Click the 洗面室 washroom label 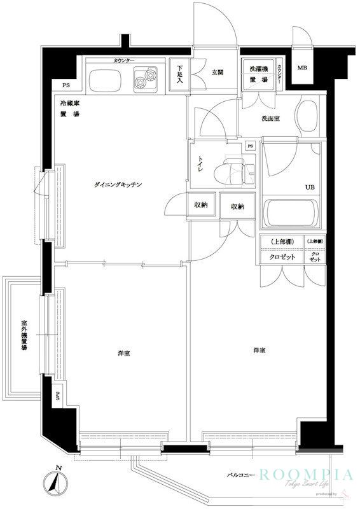click(270, 118)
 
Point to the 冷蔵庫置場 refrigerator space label click(70, 108)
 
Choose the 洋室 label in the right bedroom click(258, 351)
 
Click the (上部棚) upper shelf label click(281, 242)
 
